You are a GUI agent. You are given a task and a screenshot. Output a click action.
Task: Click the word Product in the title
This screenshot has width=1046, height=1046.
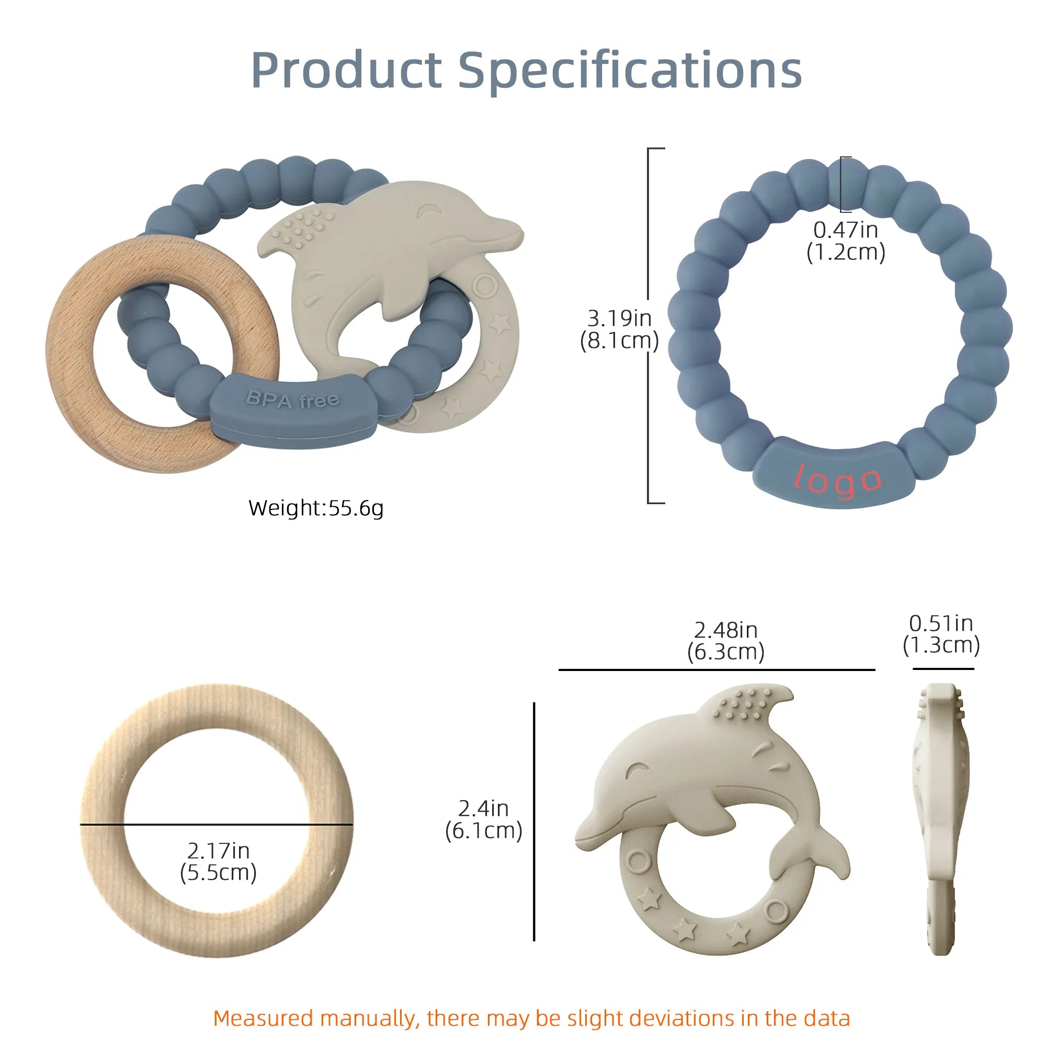(347, 71)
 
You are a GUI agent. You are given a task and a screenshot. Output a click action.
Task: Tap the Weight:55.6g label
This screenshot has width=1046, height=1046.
(316, 508)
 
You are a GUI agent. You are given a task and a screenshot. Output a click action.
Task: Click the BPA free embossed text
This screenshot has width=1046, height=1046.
(293, 400)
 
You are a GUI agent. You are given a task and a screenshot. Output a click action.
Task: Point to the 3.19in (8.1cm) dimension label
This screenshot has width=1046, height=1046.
(619, 329)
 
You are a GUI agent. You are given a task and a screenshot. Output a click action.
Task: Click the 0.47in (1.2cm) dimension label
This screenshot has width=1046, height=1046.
(846, 241)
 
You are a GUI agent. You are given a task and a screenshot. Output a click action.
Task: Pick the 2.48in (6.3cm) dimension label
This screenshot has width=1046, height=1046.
(725, 641)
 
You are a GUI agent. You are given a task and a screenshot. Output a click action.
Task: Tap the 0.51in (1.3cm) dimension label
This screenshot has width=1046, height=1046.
(941, 634)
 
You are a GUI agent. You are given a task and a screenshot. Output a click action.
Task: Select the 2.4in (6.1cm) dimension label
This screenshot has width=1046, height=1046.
(483, 819)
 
